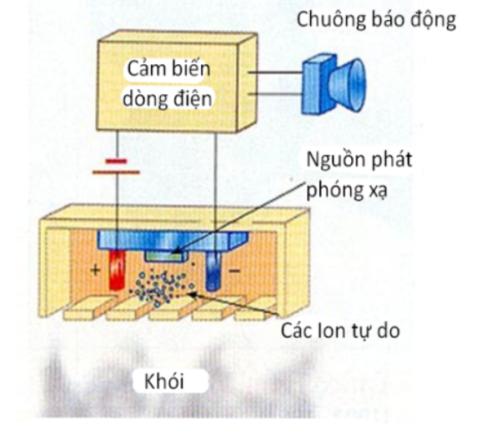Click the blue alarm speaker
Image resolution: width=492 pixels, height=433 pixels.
click(x=334, y=83)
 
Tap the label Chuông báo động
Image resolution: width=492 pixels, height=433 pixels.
click(x=376, y=20)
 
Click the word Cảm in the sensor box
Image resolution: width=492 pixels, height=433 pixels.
click(x=142, y=69)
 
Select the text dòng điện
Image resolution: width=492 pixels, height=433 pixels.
click(x=168, y=99)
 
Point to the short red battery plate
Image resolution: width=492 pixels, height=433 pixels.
click(x=117, y=162)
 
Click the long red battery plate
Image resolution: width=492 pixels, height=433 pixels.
click(x=116, y=172)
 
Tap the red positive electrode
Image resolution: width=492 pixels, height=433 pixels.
click(x=117, y=270)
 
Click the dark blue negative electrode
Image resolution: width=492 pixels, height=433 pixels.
click(x=213, y=271)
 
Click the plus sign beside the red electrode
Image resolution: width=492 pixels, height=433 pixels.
click(x=95, y=270)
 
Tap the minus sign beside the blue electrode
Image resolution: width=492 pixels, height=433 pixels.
click(x=234, y=270)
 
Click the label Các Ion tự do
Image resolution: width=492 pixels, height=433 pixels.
click(x=340, y=331)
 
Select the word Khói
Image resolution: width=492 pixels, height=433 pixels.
click(x=164, y=381)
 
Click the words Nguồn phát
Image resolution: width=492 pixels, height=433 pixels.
click(x=359, y=160)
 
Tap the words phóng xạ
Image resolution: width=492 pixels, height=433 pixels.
click(x=347, y=190)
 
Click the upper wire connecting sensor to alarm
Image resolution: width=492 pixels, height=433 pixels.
click(x=275, y=72)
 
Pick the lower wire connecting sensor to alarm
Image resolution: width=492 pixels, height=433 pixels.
click(x=275, y=93)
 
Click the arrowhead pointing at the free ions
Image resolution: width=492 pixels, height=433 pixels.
click(x=193, y=294)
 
